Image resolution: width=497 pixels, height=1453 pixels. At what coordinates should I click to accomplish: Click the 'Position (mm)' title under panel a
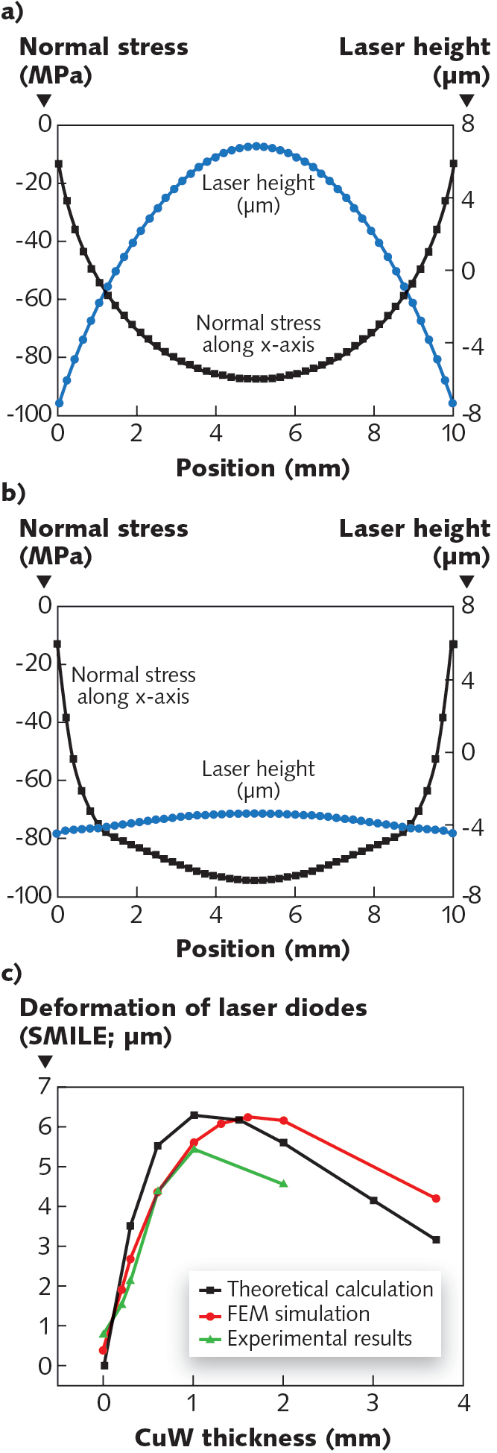(262, 467)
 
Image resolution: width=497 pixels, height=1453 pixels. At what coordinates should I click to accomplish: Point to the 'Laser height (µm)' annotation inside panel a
(258, 194)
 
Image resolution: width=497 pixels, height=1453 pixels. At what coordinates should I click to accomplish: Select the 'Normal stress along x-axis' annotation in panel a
(258, 333)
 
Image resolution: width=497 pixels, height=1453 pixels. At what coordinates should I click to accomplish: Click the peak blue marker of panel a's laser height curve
(256, 146)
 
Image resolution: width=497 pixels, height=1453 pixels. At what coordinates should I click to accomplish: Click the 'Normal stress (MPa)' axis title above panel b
(103, 542)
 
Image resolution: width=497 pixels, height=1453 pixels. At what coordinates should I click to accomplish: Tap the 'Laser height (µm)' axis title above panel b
(414, 542)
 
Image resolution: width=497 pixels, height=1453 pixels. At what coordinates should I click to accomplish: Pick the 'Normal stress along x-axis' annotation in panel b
(133, 685)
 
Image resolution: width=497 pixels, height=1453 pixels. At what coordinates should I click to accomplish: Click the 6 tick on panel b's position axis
(295, 914)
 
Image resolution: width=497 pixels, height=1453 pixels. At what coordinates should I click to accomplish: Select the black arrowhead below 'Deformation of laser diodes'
(45, 1061)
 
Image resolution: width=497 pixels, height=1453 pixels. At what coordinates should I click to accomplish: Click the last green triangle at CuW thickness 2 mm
(283, 1183)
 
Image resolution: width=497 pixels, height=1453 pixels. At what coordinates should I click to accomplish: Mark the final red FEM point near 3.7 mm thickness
(436, 1198)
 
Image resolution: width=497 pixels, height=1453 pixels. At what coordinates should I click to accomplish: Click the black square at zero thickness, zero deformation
(104, 1365)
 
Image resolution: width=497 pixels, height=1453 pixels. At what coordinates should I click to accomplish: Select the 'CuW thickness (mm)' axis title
(262, 1437)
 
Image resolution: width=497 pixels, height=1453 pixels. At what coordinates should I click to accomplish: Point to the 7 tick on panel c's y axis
(45, 1086)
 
